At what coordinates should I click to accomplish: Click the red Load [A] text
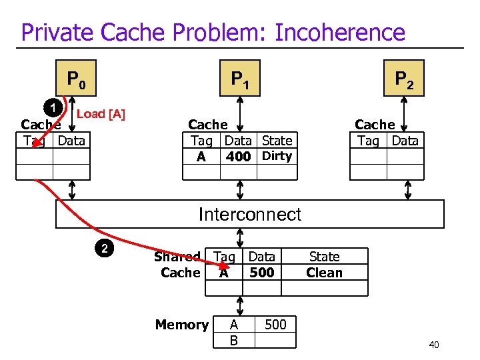click(x=101, y=113)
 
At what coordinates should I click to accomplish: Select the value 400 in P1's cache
click(x=238, y=157)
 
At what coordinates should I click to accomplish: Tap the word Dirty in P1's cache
click(x=277, y=156)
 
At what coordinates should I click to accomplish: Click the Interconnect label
click(x=249, y=214)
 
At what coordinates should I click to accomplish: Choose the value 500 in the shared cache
click(x=261, y=273)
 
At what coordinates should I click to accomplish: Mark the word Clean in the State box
click(x=324, y=273)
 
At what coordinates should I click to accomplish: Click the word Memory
click(x=181, y=325)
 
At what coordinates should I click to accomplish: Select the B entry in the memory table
click(x=233, y=341)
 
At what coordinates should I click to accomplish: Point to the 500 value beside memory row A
click(x=275, y=325)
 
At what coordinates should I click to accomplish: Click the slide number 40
click(x=434, y=345)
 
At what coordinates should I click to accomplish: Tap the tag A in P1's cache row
click(x=201, y=157)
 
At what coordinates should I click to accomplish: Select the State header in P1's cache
click(x=277, y=140)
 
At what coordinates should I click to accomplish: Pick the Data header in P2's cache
click(x=405, y=140)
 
